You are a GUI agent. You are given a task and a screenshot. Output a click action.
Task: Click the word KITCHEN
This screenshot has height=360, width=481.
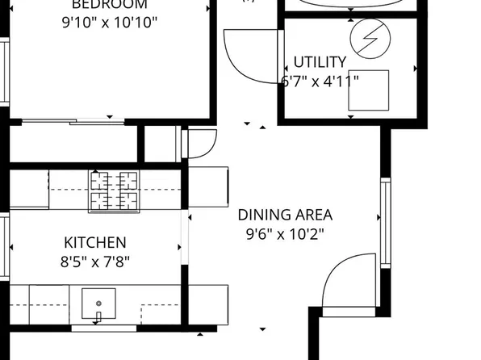click(95, 242)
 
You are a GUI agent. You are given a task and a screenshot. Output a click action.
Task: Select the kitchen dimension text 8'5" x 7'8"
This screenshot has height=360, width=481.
click(95, 262)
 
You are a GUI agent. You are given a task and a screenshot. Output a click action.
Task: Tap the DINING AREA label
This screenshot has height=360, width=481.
click(284, 216)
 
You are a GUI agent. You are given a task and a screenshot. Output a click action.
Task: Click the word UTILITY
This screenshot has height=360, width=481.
click(320, 62)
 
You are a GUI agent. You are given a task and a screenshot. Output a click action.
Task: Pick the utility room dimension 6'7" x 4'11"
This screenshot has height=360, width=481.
click(320, 81)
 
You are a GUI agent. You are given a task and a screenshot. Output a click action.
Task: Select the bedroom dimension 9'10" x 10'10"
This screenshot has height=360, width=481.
click(109, 21)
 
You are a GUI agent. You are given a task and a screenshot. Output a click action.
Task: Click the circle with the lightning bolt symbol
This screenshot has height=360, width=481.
click(365, 36)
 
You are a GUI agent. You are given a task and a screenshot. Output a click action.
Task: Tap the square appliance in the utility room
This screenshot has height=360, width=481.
click(369, 90)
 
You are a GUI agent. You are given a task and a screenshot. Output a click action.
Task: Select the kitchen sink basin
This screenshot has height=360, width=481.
click(98, 303)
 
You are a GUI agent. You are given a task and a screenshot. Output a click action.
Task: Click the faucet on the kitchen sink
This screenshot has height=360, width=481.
click(98, 315)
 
